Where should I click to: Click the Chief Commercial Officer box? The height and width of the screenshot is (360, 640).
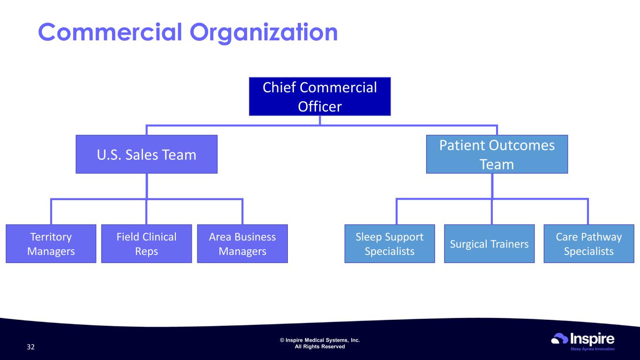coord(320,96)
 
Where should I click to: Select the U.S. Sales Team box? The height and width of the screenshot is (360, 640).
coord(147,154)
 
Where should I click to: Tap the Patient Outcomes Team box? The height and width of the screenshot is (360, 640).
coord(497,154)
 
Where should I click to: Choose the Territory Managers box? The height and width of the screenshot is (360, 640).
coord(51,244)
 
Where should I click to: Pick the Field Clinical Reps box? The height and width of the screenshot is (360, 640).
coord(147,244)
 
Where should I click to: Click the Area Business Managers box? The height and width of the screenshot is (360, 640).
coord(242,244)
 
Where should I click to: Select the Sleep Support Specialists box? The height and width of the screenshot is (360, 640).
coord(390,244)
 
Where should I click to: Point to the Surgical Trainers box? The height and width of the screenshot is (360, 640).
coord(489,244)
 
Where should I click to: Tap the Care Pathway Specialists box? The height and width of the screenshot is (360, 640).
coord(589,244)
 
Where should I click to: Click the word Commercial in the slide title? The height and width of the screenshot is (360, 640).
coord(110,32)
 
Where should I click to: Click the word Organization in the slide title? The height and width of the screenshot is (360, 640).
coord(264,33)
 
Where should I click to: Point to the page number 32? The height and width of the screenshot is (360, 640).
coord(30,347)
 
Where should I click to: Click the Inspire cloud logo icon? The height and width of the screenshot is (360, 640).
coord(559,338)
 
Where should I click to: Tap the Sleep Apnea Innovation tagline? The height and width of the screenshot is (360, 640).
coord(592,349)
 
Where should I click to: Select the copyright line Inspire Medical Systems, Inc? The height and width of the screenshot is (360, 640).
coord(320,340)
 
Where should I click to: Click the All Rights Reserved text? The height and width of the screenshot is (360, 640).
coord(320,346)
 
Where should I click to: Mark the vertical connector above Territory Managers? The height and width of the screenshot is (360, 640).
coord(51,212)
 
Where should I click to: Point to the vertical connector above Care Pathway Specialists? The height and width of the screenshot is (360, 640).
coord(587,212)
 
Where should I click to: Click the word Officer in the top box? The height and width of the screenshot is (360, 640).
coord(320,106)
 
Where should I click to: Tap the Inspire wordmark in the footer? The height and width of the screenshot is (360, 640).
coord(592,339)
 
